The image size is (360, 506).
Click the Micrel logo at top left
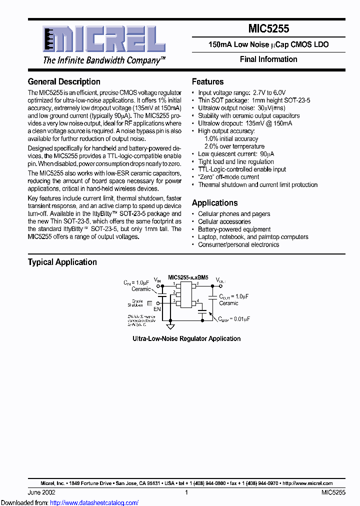[x=103, y=39]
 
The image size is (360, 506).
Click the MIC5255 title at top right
[x=268, y=29]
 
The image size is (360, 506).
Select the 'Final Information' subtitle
[x=268, y=59]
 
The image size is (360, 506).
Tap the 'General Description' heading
[x=64, y=81]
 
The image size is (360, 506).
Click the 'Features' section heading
[x=207, y=81]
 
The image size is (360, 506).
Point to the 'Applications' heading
[x=214, y=202]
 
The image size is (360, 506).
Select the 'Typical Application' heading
[x=62, y=262]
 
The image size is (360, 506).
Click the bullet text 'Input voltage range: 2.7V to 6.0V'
[x=241, y=92]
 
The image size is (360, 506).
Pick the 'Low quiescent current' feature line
[x=235, y=154]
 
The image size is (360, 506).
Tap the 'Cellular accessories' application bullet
[x=224, y=221]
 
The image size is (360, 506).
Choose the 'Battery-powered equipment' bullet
[x=234, y=229]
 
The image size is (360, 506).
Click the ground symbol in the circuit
[x=170, y=326]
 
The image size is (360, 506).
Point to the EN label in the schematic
[x=157, y=309]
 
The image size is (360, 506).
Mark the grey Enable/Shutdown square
[x=149, y=303]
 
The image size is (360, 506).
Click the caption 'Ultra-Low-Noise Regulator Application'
[x=186, y=338]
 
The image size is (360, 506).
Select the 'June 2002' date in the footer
[x=41, y=492]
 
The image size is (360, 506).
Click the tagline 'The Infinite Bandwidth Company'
[x=104, y=60]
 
